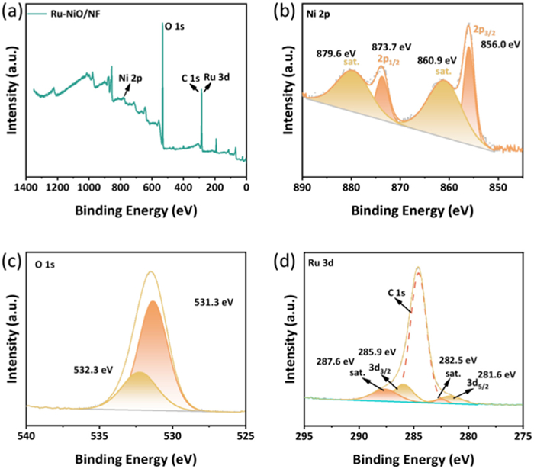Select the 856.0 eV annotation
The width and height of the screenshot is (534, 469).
pyautogui.click(x=501, y=45)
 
